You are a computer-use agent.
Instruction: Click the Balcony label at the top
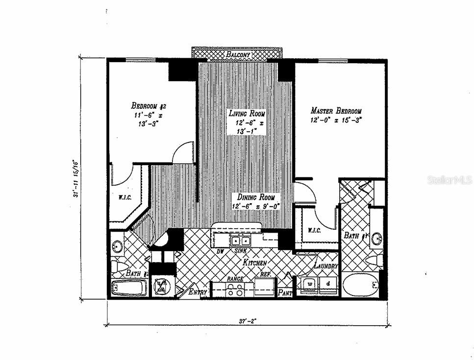click(238, 54)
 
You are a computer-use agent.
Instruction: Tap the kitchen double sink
click(240, 241)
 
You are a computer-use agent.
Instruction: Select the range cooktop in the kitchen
click(234, 289)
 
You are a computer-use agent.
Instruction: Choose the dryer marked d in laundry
click(328, 284)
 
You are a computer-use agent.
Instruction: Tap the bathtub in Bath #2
click(129, 288)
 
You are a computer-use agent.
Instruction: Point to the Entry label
click(199, 292)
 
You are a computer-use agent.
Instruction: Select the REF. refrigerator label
click(266, 275)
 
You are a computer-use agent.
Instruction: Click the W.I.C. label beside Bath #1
click(314, 230)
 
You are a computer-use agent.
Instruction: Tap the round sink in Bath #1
click(376, 239)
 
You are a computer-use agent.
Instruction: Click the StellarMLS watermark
click(450, 180)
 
